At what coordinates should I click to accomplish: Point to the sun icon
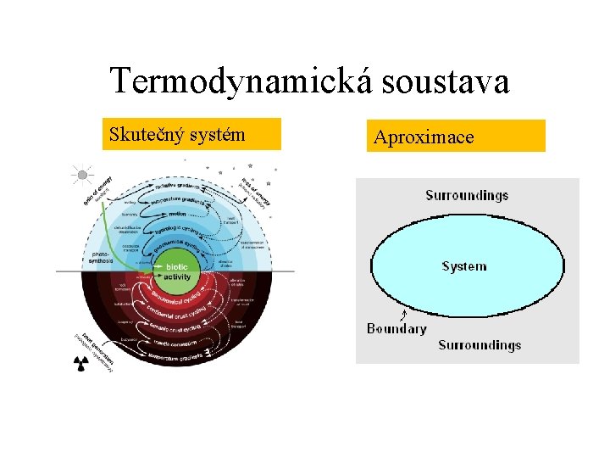point(82,176)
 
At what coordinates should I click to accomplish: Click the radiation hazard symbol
point(81,363)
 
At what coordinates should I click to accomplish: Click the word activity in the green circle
point(177,276)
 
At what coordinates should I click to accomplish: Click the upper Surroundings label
point(467,195)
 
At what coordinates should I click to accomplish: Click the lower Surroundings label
point(480,344)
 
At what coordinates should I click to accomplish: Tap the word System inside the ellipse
point(464,266)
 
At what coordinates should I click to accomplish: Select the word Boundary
point(396,328)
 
